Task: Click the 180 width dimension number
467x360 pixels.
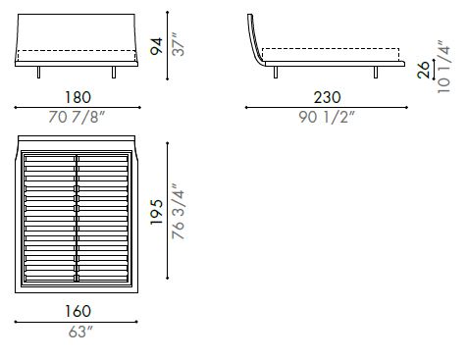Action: pyautogui.click(x=79, y=98)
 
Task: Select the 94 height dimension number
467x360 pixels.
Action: pyautogui.click(x=156, y=44)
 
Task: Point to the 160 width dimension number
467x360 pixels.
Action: pyautogui.click(x=79, y=311)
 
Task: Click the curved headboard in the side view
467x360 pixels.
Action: pyautogui.click(x=254, y=39)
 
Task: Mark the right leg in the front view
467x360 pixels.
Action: pyautogui.click(x=117, y=74)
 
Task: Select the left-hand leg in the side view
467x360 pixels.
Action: pyautogui.click(x=278, y=72)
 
